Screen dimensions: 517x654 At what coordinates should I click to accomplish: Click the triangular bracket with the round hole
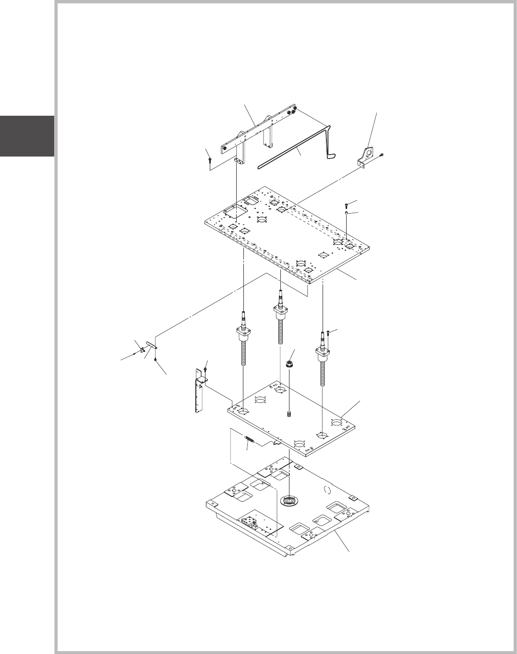367,156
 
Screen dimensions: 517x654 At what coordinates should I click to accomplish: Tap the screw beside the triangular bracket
381,155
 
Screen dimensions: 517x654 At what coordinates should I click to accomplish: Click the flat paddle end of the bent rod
330,155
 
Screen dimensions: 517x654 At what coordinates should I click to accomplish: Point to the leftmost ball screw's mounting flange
244,331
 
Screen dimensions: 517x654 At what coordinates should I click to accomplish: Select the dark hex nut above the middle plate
290,364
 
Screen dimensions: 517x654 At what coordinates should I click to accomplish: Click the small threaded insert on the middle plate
289,413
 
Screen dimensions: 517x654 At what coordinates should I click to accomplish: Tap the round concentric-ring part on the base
289,500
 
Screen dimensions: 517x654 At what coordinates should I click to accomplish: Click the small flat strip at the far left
152,345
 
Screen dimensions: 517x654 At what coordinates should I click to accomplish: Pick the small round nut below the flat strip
155,359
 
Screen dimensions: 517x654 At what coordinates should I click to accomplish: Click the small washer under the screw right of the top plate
347,212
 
